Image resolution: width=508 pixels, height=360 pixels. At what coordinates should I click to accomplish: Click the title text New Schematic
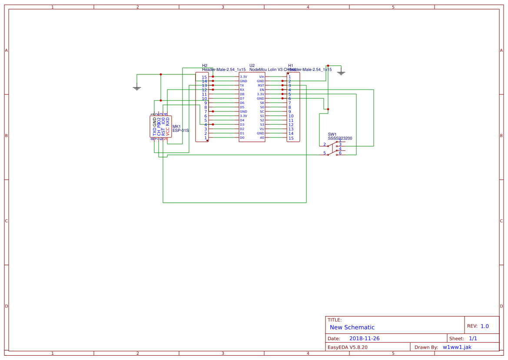pyautogui.click(x=352, y=327)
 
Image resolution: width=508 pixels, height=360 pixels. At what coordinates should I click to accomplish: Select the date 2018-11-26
pyautogui.click(x=365, y=338)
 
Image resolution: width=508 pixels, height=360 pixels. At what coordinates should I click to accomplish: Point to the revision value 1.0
pyautogui.click(x=485, y=326)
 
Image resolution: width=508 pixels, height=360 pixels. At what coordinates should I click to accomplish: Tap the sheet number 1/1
pyautogui.click(x=473, y=338)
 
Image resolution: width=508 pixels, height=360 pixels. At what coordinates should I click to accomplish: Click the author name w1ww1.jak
pyautogui.click(x=457, y=347)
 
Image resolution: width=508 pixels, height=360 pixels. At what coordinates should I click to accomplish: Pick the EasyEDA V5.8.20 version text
pyautogui.click(x=347, y=347)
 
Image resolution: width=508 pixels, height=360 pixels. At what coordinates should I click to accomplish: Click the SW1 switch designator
pyautogui.click(x=332, y=134)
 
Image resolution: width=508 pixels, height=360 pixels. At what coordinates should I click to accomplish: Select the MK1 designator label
pyautogui.click(x=176, y=127)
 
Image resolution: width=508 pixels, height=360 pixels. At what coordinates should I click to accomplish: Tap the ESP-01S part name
pyautogui.click(x=181, y=130)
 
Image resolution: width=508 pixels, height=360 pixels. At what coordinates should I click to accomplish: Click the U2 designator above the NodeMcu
pyautogui.click(x=252, y=65)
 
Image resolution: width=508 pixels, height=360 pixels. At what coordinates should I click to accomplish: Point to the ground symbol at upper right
pyautogui.click(x=341, y=72)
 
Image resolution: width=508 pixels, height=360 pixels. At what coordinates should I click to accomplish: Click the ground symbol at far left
pyautogui.click(x=137, y=88)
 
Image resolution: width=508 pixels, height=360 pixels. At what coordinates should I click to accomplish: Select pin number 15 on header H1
pyautogui.click(x=291, y=138)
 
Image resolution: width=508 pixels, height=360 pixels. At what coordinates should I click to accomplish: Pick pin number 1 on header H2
pyautogui.click(x=206, y=138)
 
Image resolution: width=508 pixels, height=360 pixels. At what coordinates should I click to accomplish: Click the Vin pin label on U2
pyautogui.click(x=262, y=77)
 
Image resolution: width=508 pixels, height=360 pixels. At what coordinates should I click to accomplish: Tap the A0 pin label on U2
pyautogui.click(x=262, y=138)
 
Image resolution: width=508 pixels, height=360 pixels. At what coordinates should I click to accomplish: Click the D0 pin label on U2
pyautogui.click(x=242, y=138)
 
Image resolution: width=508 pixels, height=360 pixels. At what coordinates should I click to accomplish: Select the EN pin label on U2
pyautogui.click(x=262, y=90)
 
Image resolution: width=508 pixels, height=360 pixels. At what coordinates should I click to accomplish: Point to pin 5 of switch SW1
pyautogui.click(x=324, y=153)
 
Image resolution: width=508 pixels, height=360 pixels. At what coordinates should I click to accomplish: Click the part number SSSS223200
pyautogui.click(x=340, y=138)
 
